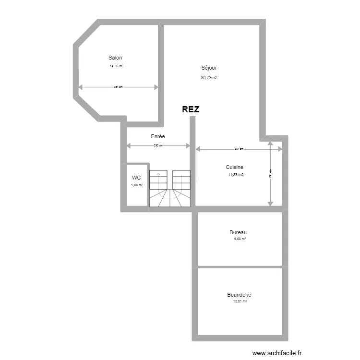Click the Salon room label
115,58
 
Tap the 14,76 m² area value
117,66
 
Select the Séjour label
209,68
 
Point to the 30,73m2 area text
209,77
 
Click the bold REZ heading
191,109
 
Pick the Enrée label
158,137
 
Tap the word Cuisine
235,167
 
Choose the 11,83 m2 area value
236,175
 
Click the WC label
137,178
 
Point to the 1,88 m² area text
137,184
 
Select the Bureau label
238,232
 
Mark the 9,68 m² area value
239,239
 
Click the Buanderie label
239,295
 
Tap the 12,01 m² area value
240,301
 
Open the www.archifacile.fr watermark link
278,352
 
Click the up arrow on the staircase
158,175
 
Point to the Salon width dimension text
118,87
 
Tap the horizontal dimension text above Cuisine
239,149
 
